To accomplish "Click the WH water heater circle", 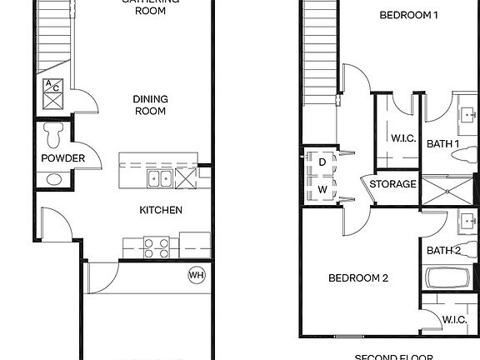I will point(197,275).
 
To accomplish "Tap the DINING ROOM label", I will point(151,105).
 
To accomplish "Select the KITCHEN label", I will point(160,210).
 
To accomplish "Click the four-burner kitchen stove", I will point(157,247).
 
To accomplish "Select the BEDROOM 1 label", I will point(407,15).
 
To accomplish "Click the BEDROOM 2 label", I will point(358,278).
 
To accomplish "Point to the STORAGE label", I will point(392,184).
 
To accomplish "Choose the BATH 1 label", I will point(444,143).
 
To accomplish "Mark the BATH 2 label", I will point(444,251).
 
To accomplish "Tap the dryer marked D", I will point(321,162).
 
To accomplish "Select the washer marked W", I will point(321,189).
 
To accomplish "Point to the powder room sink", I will point(52,178).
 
